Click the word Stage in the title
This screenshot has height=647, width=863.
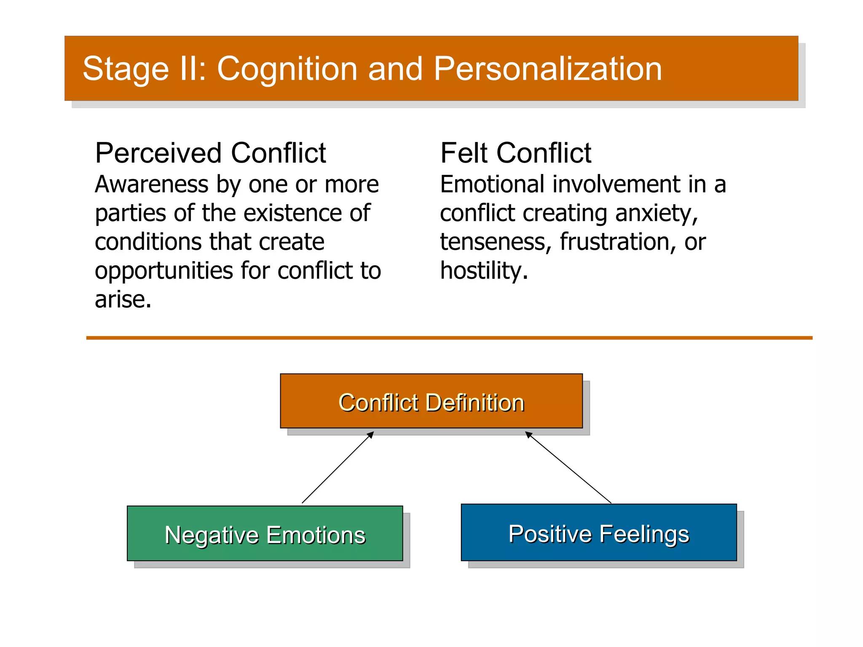[x=125, y=69]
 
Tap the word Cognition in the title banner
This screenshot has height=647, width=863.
[x=287, y=69]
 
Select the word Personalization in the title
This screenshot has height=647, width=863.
[x=547, y=69]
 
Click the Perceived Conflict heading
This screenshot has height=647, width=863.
[x=210, y=153]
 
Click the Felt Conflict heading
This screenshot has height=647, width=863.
[x=515, y=153]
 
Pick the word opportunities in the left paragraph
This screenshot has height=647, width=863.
[x=164, y=270]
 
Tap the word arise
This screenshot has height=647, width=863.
[x=123, y=299]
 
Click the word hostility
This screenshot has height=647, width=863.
[x=483, y=270]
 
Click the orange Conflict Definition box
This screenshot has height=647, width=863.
[x=431, y=401]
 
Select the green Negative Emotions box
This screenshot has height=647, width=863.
[x=265, y=534]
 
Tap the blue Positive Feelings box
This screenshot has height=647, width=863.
[x=598, y=532]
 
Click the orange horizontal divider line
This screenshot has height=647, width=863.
[x=449, y=338]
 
